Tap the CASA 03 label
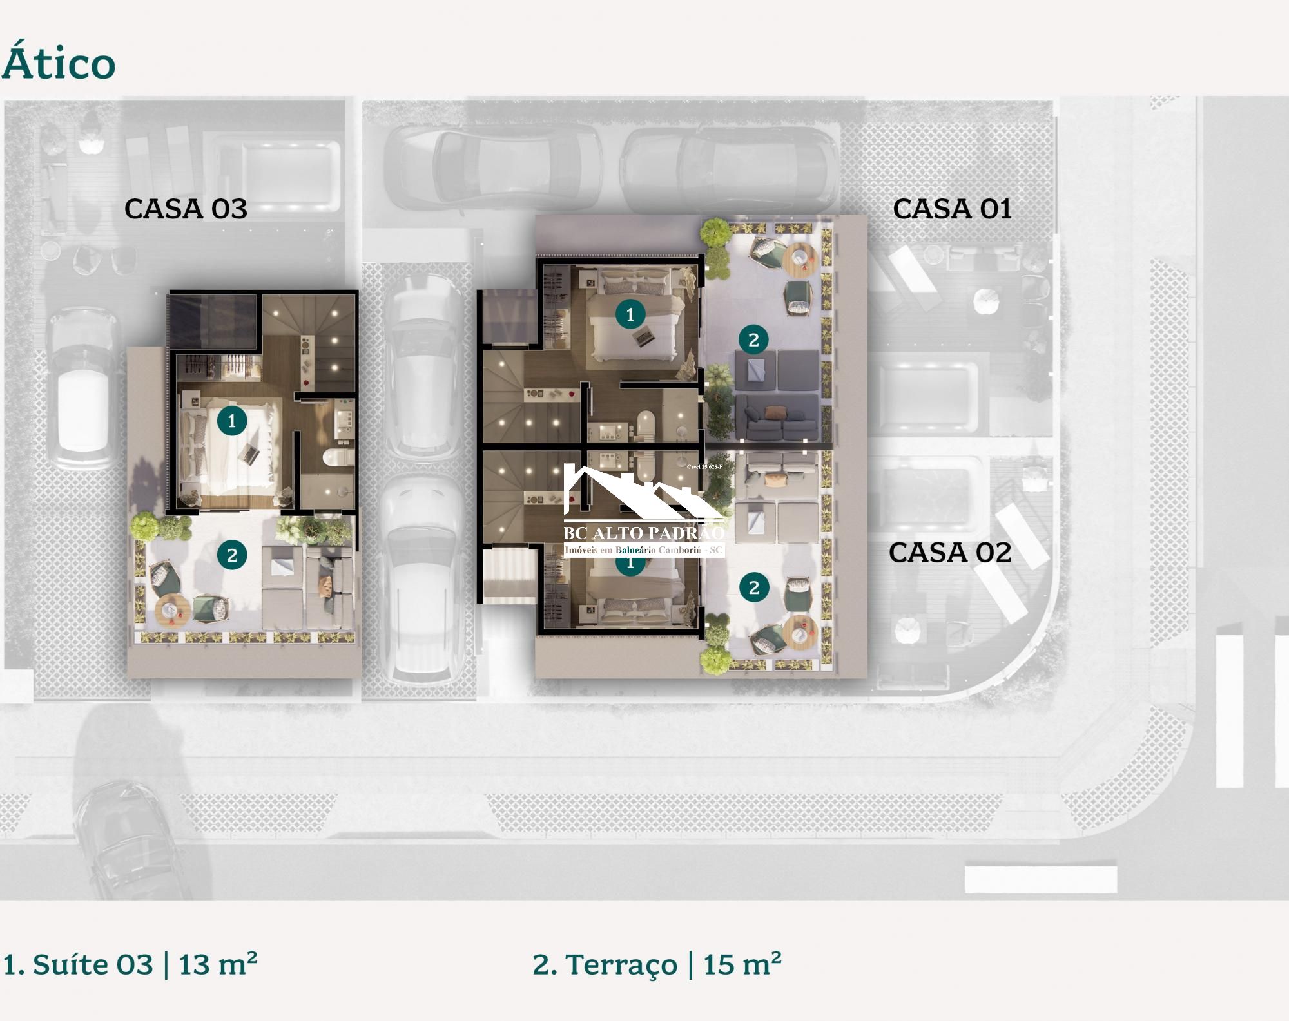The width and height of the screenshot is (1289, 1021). click(x=186, y=209)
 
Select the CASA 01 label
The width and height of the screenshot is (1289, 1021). click(x=951, y=209)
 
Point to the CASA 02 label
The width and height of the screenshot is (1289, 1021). click(x=949, y=553)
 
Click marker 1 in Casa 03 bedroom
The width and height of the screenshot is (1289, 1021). click(x=232, y=421)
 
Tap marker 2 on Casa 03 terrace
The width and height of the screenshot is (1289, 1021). click(x=232, y=555)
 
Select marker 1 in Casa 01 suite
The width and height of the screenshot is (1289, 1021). click(x=630, y=314)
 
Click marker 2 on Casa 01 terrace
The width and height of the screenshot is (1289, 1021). click(x=753, y=339)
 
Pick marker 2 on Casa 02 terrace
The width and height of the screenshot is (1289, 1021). click(x=753, y=587)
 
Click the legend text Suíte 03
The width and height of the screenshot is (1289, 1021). click(x=92, y=964)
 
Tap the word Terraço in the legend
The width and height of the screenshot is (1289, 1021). click(x=621, y=964)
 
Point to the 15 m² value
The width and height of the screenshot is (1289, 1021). click(x=742, y=964)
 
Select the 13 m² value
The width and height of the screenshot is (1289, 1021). click(x=217, y=964)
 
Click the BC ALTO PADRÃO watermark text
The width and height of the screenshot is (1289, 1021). click(x=643, y=533)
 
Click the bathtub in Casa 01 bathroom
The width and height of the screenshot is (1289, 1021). click(x=646, y=425)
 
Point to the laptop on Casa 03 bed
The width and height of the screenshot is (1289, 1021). click(x=248, y=453)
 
